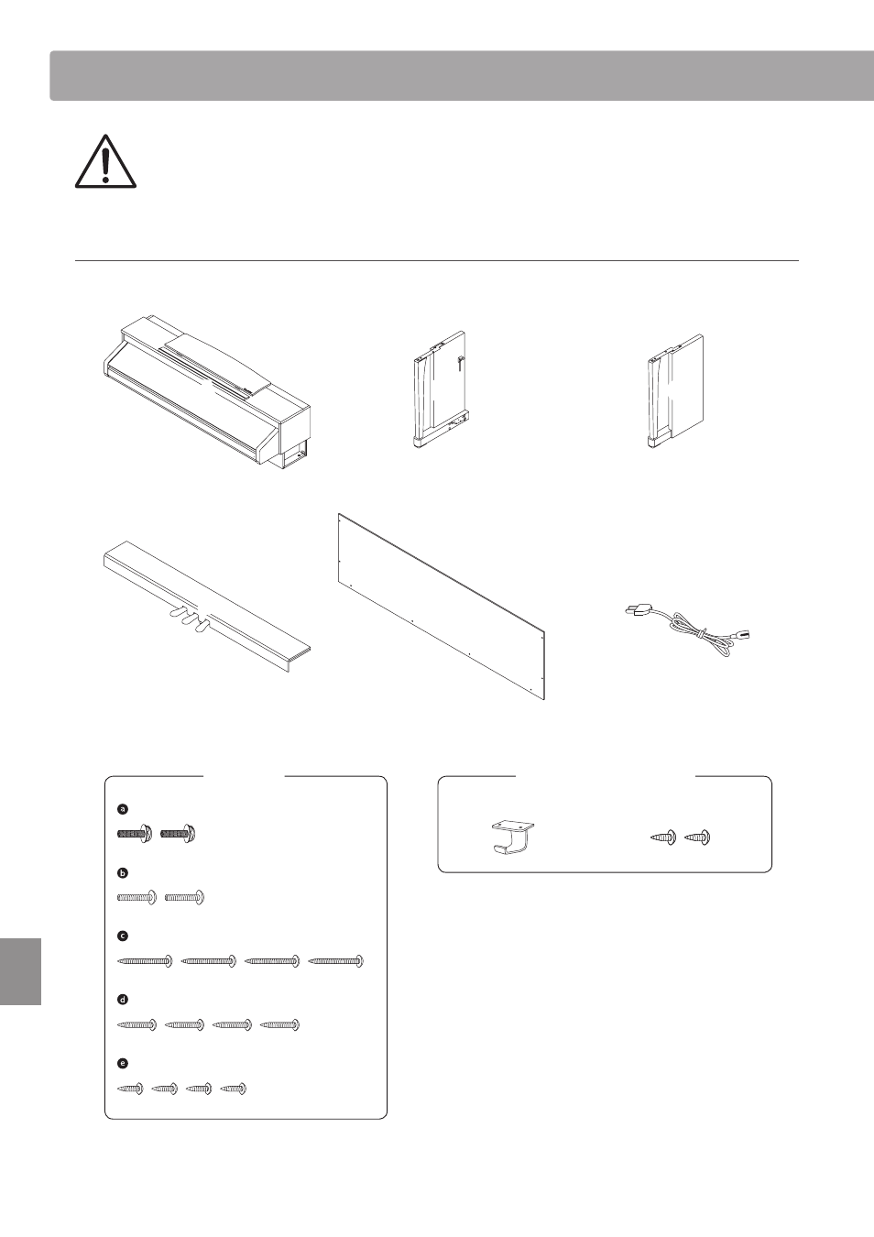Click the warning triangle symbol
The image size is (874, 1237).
pyautogui.click(x=105, y=161)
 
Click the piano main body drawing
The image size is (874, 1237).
pyautogui.click(x=206, y=391)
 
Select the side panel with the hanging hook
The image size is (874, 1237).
pyautogui.click(x=440, y=389)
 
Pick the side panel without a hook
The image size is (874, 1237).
pyautogui.click(x=674, y=390)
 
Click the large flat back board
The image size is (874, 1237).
pyautogui.click(x=442, y=607)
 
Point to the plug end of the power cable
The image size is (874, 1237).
pyautogui.click(x=636, y=611)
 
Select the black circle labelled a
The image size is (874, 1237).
pyautogui.click(x=123, y=809)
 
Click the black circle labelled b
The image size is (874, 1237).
pyautogui.click(x=123, y=873)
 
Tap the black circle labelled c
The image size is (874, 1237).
pyautogui.click(x=123, y=936)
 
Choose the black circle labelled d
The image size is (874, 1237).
pyautogui.click(x=123, y=1000)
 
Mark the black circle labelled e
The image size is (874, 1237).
pyautogui.click(x=123, y=1063)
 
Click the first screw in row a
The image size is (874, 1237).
pyautogui.click(x=135, y=834)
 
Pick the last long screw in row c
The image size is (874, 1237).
pyautogui.click(x=335, y=961)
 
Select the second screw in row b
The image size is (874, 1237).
pyautogui.click(x=185, y=898)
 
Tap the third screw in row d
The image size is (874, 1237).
pyautogui.click(x=233, y=1025)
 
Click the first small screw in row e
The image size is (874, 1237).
pyautogui.click(x=130, y=1089)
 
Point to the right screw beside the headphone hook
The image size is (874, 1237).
pyautogui.click(x=697, y=837)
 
